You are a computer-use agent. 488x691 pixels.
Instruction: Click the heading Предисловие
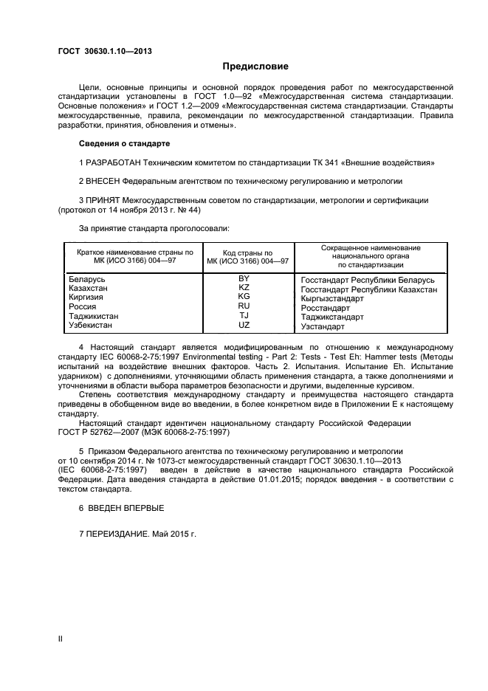coord(244,66)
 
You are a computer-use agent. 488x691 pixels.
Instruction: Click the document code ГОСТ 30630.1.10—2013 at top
coord(105,50)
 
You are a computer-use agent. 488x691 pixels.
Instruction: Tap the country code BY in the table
coord(244,278)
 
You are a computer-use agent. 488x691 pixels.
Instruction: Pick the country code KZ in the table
coord(244,287)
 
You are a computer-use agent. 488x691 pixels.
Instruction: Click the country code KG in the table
coord(244,297)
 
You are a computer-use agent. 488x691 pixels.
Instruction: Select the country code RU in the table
coord(244,306)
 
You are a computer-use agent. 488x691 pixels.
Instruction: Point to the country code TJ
coord(244,315)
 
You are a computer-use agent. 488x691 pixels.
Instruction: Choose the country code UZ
coord(244,325)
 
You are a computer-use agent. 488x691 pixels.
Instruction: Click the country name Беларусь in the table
coord(87,279)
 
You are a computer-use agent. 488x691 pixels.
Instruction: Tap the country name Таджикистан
coord(94,316)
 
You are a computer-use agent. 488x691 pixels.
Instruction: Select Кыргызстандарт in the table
coord(334,299)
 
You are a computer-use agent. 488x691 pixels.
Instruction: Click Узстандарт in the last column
coord(323,326)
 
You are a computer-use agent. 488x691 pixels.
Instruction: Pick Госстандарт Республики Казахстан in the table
coord(369,289)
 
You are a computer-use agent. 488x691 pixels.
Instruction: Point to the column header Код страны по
coord(247,252)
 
